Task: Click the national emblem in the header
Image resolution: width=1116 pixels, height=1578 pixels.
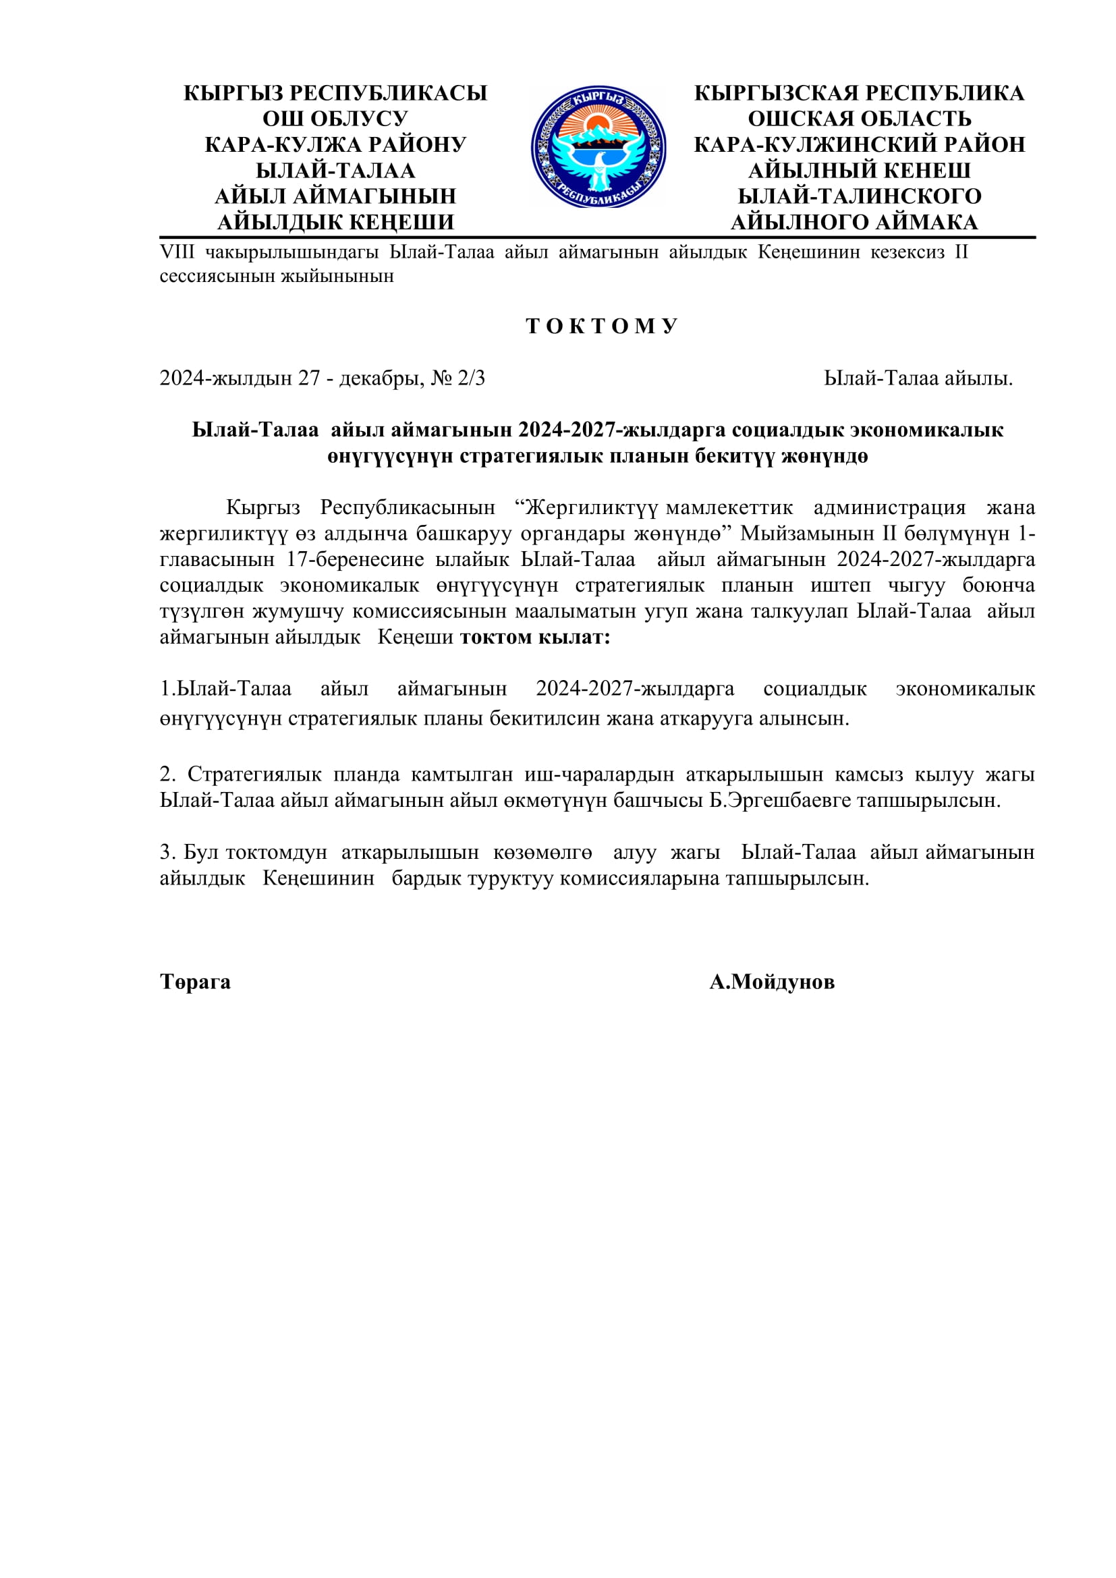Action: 598,147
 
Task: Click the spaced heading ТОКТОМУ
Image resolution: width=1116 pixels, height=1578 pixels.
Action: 602,326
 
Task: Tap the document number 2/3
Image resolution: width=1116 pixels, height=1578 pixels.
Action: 472,378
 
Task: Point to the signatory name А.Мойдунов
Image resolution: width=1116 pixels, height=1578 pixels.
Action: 772,982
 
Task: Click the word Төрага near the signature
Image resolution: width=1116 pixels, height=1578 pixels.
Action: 195,982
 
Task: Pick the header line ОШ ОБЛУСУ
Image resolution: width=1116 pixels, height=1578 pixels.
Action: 335,119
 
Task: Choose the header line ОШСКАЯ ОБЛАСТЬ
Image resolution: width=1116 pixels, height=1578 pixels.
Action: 859,119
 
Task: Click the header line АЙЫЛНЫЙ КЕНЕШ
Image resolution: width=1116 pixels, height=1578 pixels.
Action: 859,171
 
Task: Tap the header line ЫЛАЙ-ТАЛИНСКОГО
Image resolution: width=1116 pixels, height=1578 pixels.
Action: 859,196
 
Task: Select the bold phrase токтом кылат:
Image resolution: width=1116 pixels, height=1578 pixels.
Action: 534,637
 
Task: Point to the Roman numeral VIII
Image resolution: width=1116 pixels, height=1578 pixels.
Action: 177,252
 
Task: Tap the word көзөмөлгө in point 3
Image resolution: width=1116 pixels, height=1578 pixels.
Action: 542,852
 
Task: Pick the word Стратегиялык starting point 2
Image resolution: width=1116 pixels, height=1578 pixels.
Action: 254,774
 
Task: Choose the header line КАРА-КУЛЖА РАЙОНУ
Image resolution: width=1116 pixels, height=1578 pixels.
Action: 335,145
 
